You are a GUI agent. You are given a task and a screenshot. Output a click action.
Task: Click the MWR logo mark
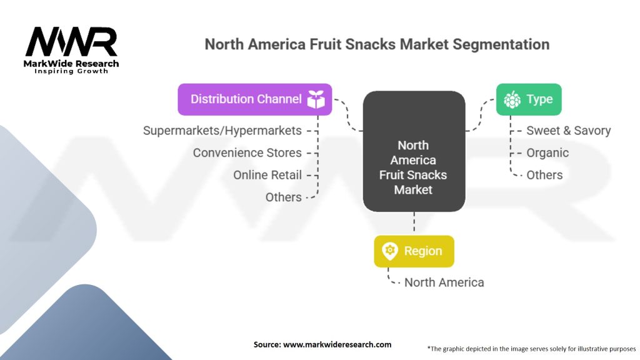coord(71,41)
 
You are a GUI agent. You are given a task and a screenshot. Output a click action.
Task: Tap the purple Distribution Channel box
coord(255,99)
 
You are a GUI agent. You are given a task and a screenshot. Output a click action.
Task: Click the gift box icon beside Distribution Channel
coord(316,99)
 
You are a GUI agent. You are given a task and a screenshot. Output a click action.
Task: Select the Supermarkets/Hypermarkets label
coord(222,131)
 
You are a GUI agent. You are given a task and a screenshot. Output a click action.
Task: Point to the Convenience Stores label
coord(247,152)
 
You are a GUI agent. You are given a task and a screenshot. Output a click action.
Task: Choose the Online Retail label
coord(267,175)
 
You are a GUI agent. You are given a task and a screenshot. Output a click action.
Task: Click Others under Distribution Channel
coord(284,197)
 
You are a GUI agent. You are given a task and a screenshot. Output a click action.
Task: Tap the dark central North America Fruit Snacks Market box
coord(414,151)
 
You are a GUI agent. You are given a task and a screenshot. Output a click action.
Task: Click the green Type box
coord(529,99)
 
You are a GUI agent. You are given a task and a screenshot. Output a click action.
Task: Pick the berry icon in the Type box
coord(512,99)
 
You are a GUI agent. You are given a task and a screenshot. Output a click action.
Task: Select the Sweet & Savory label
coord(569,131)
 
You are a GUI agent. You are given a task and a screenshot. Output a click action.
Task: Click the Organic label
coord(547,152)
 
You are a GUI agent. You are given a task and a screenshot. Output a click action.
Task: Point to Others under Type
coord(544,175)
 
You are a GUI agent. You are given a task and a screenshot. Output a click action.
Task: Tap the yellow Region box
coord(414,251)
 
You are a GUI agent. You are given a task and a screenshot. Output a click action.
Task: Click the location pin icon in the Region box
coord(390,251)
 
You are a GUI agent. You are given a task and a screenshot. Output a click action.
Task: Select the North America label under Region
coord(444,282)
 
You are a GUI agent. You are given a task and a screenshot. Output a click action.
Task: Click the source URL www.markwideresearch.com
coord(337,344)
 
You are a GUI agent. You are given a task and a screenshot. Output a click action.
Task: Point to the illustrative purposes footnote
coord(531,349)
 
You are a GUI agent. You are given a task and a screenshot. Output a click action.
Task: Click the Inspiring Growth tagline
coord(71,71)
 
